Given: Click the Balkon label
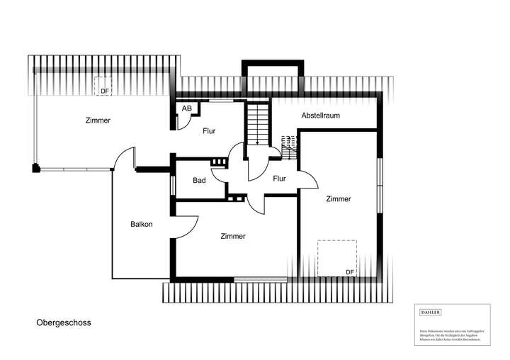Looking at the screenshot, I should (x=141, y=224).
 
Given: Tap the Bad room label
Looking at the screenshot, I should (x=199, y=180).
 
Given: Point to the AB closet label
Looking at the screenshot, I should (x=186, y=108).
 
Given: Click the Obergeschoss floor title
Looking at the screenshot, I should (x=64, y=322).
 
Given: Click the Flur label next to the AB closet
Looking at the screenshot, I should (x=208, y=131).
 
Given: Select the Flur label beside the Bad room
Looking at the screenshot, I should (x=279, y=179).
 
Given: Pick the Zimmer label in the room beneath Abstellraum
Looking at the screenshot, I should (x=339, y=199).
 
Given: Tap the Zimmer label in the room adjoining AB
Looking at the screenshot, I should (x=98, y=120).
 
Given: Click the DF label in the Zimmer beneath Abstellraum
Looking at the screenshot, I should (x=349, y=272).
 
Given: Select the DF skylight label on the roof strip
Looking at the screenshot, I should (x=104, y=91).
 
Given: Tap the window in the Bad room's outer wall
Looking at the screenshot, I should (x=173, y=184).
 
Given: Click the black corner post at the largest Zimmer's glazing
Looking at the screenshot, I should (x=35, y=168).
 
